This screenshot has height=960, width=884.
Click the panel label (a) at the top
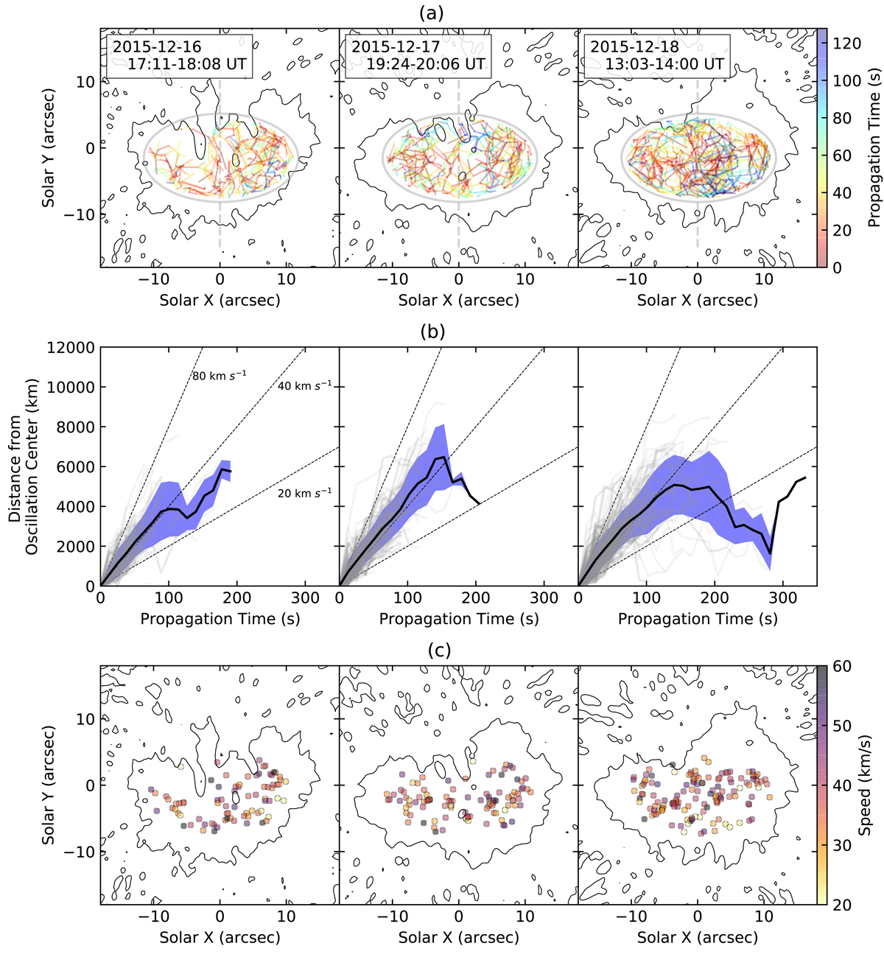[x=457, y=13]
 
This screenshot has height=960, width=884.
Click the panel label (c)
[x=457, y=651]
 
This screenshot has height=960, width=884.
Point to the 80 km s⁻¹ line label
[x=219, y=376]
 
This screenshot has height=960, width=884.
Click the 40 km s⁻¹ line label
[x=304, y=386]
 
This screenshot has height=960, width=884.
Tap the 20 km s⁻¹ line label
[x=304, y=493]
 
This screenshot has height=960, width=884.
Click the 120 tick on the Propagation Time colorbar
[x=847, y=43]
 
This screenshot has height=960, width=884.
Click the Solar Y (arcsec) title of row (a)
[x=49, y=147]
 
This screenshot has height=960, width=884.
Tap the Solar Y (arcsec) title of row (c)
[x=49, y=785]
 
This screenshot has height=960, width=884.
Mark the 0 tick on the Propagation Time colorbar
[x=838, y=268]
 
